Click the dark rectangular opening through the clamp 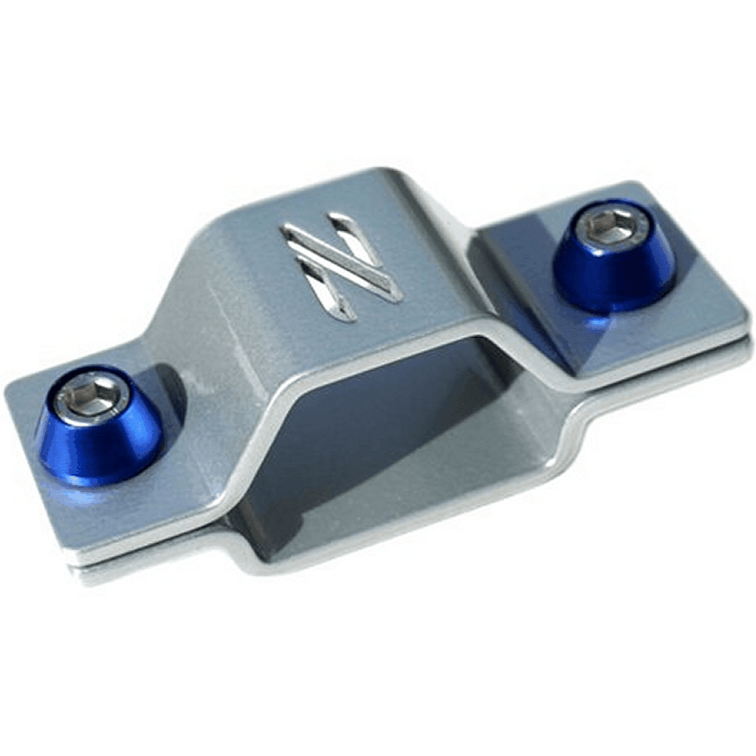pyautogui.click(x=384, y=443)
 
